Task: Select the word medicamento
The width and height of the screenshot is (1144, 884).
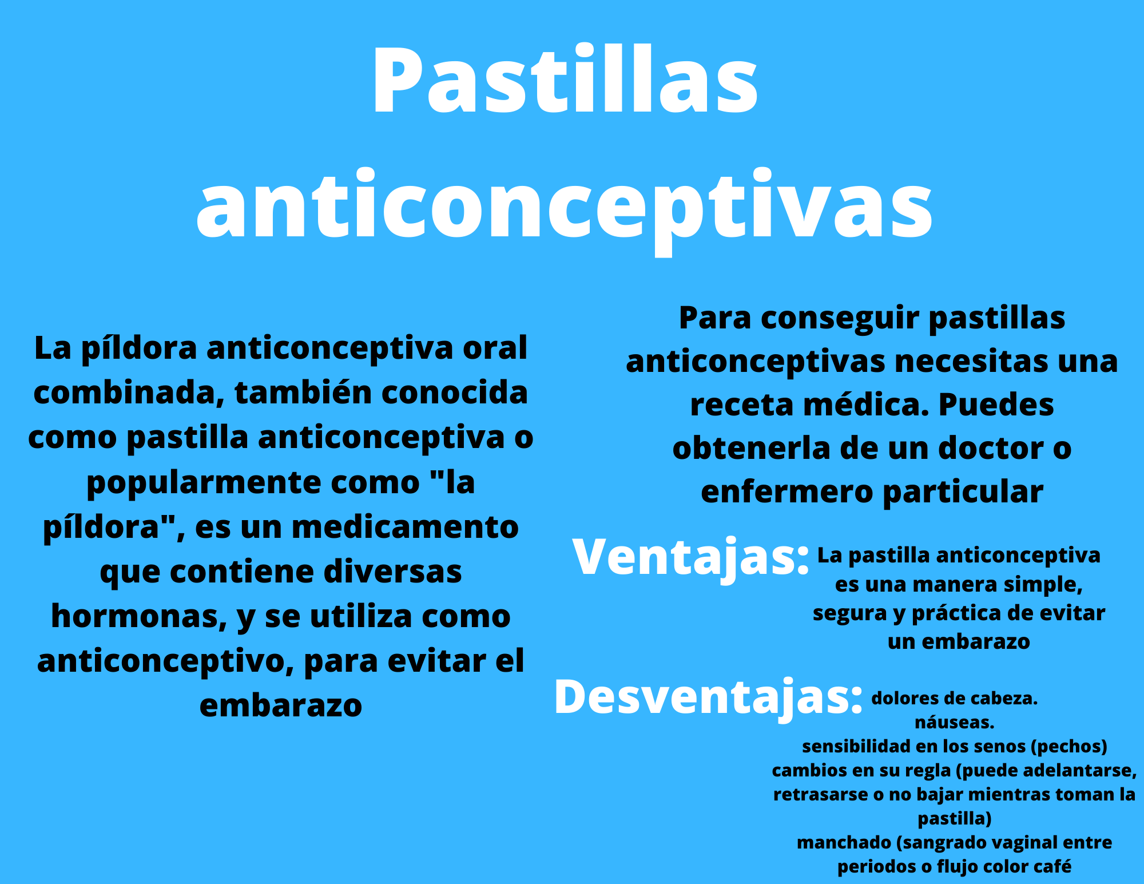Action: point(405,527)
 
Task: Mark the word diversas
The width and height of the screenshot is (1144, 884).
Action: point(393,572)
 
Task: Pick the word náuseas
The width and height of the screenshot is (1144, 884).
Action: point(955,723)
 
